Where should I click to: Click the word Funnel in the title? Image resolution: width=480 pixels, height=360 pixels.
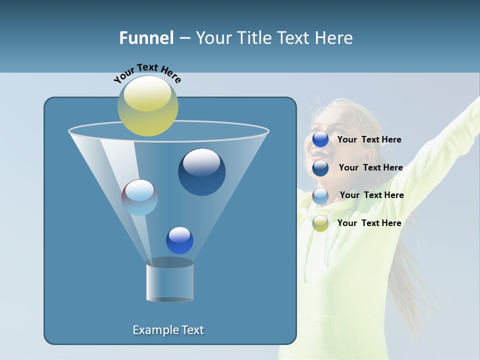[x=146, y=38]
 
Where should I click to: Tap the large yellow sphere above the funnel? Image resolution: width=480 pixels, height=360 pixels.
[x=148, y=106]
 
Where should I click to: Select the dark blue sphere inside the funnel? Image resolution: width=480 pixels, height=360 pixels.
[x=201, y=172]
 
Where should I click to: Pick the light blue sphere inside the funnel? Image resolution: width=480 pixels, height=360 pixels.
[x=139, y=197]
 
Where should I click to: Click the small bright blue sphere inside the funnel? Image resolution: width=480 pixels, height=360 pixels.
[x=179, y=240]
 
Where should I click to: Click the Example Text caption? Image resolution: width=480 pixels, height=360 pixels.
[x=168, y=330]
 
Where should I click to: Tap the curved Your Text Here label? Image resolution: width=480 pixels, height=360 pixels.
[x=147, y=73]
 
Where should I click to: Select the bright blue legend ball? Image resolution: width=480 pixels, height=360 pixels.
[x=320, y=139]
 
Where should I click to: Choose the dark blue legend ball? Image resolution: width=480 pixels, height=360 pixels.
[x=320, y=168]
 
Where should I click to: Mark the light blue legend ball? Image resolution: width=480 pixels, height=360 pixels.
[x=320, y=196]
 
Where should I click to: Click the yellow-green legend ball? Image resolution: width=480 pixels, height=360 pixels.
[x=320, y=223]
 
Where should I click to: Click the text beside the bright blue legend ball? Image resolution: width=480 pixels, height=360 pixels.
[x=369, y=140]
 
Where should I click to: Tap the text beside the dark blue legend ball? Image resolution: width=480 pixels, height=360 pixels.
[x=370, y=168]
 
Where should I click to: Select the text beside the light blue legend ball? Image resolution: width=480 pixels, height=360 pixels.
[x=371, y=195]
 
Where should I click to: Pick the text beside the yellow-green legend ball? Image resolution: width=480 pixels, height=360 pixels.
[x=369, y=223]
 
